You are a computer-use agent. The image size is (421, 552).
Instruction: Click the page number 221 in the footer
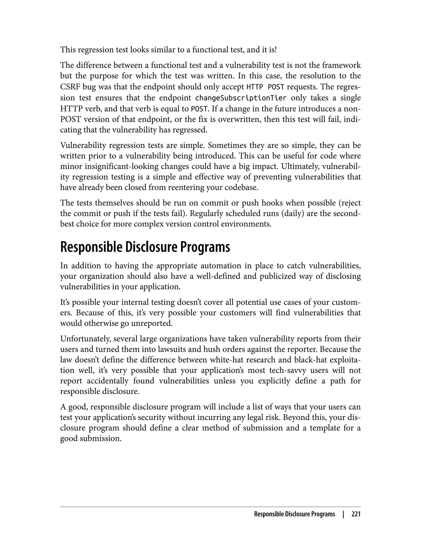coord(356,514)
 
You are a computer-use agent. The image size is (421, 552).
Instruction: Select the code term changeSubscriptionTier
coord(240,98)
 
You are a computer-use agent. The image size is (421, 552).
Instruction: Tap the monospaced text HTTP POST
coord(265,87)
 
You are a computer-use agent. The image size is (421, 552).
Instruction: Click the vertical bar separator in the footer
coord(343,514)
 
